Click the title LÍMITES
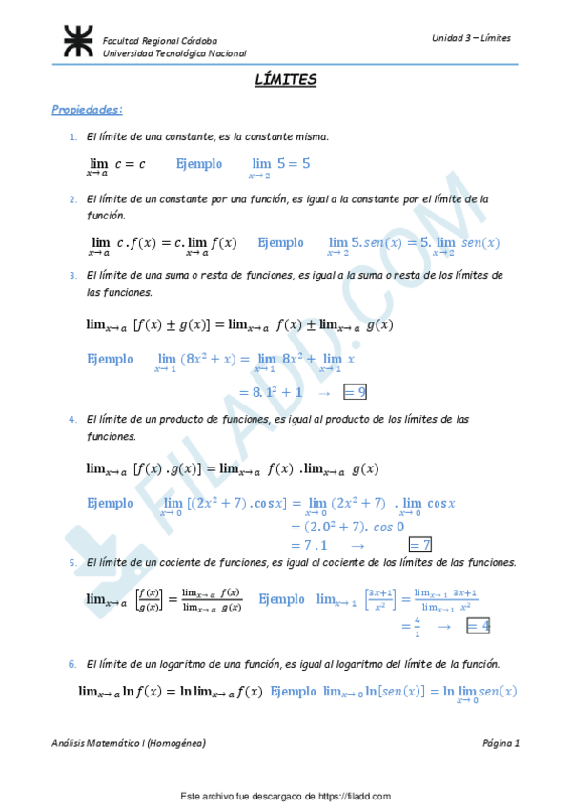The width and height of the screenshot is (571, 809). [285, 81]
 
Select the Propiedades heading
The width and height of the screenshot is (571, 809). [88, 110]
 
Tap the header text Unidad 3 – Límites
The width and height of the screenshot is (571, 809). [471, 38]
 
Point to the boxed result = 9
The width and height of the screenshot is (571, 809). [355, 391]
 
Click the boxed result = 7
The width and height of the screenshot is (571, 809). [419, 545]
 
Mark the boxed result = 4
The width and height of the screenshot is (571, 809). [478, 626]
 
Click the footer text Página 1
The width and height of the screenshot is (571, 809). [500, 742]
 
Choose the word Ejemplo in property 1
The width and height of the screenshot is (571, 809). [199, 164]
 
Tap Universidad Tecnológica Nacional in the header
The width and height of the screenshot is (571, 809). [173, 54]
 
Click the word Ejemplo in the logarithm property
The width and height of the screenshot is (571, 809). [295, 692]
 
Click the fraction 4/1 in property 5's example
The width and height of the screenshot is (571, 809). [403, 626]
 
